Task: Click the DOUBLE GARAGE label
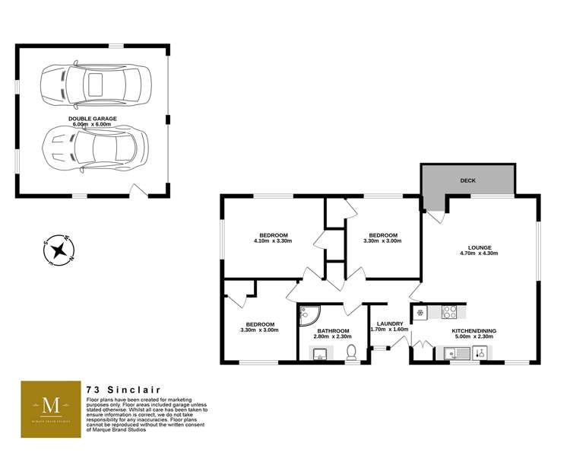(x=92, y=119)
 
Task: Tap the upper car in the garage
(x=96, y=85)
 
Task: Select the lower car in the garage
(x=95, y=148)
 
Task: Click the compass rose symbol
(x=59, y=250)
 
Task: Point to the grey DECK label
(x=468, y=180)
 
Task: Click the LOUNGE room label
(x=479, y=247)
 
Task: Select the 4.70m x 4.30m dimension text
(x=479, y=254)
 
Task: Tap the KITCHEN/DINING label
(x=473, y=331)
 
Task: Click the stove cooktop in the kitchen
(x=449, y=312)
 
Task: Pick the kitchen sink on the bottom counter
(x=458, y=353)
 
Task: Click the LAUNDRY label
(x=390, y=324)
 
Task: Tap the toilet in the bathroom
(x=351, y=352)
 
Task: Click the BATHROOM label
(x=333, y=331)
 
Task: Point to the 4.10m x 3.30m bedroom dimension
(x=274, y=241)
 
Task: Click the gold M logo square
(x=51, y=409)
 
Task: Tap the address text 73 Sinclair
(x=124, y=390)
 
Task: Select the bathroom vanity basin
(x=320, y=353)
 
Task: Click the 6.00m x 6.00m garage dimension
(x=92, y=124)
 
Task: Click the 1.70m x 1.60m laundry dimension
(x=389, y=330)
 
